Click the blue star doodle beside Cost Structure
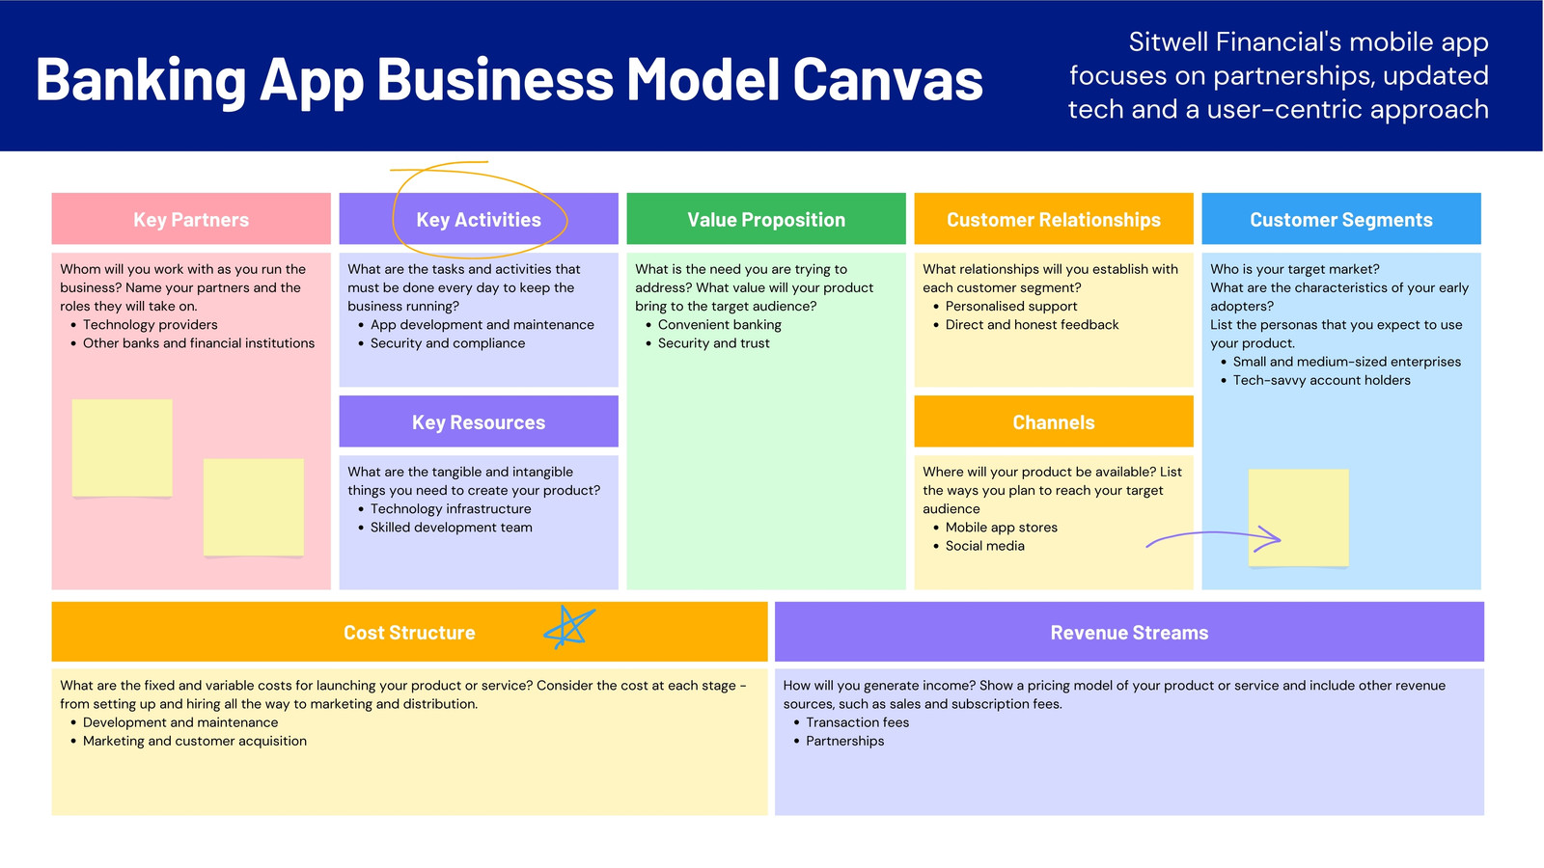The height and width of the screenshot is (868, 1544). pyautogui.click(x=568, y=628)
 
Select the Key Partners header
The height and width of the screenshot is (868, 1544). pyautogui.click(x=191, y=219)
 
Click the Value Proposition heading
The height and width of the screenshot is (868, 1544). pyautogui.click(x=766, y=219)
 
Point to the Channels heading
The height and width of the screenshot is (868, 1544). pyautogui.click(x=1053, y=421)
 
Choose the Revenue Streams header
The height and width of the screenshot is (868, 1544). pyautogui.click(x=1129, y=632)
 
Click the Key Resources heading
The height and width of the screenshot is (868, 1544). pyautogui.click(x=479, y=421)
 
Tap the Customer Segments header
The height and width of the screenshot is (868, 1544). pyautogui.click(x=1340, y=219)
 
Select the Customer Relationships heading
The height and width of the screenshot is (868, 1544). pyautogui.click(x=1053, y=219)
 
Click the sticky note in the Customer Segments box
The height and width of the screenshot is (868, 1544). pyautogui.click(x=1298, y=517)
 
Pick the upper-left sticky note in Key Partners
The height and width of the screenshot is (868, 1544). pyautogui.click(x=122, y=448)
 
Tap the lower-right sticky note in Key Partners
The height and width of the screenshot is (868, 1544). pyautogui.click(x=254, y=507)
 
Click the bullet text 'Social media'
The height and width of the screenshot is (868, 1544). pyautogui.click(x=984, y=546)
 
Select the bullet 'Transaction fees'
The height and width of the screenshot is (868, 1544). pyautogui.click(x=858, y=722)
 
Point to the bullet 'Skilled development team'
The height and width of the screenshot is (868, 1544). pyautogui.click(x=452, y=527)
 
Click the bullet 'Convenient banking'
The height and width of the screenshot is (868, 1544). pyautogui.click(x=720, y=324)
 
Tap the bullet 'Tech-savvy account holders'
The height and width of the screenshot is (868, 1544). pyautogui.click(x=1321, y=380)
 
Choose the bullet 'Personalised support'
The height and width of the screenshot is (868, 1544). pyautogui.click(x=1011, y=306)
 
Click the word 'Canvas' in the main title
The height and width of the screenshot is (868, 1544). pyautogui.click(x=888, y=79)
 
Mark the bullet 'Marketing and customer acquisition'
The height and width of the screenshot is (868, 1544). pyautogui.click(x=194, y=741)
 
